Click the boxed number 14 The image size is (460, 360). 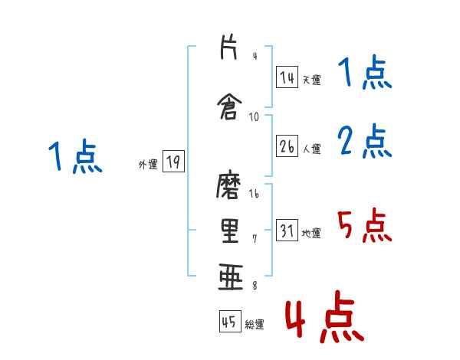tap(287, 77)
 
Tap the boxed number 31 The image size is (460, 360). tap(287, 231)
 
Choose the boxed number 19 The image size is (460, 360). tap(172, 162)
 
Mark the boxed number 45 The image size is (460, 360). tap(229, 322)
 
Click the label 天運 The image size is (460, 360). tap(312, 80)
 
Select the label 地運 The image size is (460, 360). tap(312, 234)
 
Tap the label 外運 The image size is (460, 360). tap(147, 164)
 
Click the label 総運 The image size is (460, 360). tap(255, 324)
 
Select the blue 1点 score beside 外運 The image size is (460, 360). tap(74, 157)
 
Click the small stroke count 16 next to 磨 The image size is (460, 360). tap(255, 195)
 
